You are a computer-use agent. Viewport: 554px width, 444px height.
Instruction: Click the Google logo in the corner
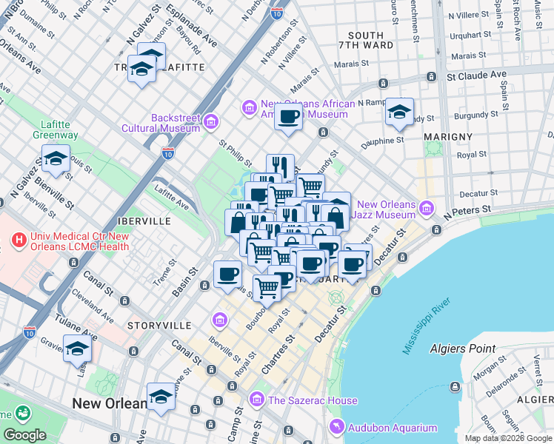[24, 435]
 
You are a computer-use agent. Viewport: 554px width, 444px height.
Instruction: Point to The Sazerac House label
[313, 400]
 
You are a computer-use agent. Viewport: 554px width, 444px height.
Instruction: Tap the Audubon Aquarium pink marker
[337, 427]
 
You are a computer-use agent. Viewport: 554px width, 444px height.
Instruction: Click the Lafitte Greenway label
[56, 129]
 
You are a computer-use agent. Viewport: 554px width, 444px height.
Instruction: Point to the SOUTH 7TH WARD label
[365, 40]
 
